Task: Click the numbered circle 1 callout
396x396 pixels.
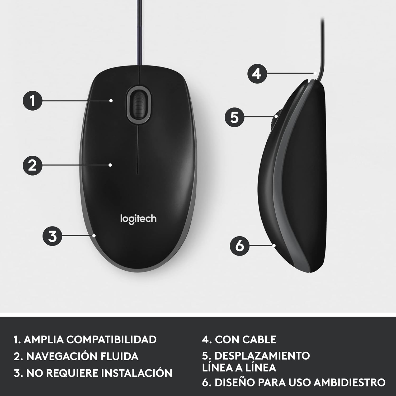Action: pos(32,101)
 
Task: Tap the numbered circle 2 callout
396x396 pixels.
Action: pos(32,165)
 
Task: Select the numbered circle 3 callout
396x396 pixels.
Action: pos(53,236)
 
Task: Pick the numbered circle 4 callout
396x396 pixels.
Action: pos(257,73)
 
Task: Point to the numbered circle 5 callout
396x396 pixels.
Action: pos(234,117)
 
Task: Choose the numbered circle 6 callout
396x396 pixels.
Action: pos(240,246)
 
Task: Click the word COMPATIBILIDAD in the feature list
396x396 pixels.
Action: pos(111,340)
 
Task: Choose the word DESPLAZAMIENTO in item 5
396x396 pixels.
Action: pos(262,356)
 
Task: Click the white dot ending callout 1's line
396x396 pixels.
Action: pos(111,101)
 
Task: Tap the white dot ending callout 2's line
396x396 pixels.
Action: pos(110,165)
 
